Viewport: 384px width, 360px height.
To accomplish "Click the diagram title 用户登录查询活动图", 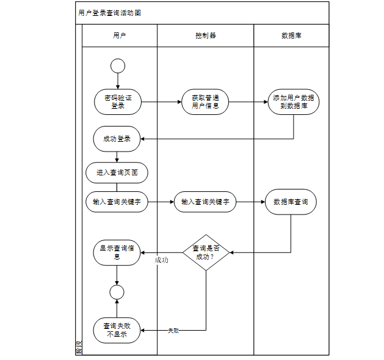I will pyautogui.click(x=109, y=13).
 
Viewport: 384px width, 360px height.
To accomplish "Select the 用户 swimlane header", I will pyautogui.click(x=120, y=35).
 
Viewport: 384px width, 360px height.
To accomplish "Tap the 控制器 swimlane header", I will pyautogui.click(x=205, y=35).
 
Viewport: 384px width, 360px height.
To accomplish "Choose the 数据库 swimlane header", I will pyautogui.click(x=291, y=35).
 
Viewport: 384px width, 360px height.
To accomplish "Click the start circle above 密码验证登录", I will pyautogui.click(x=118, y=65).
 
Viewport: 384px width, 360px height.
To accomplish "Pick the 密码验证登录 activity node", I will pyautogui.click(x=118, y=101).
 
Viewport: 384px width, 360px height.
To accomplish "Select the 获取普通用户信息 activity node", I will pyautogui.click(x=205, y=101).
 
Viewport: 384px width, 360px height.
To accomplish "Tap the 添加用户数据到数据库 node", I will pyautogui.click(x=293, y=101).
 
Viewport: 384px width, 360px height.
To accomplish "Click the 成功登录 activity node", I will pyautogui.click(x=117, y=139).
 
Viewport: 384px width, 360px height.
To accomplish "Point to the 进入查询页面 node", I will pyautogui.click(x=117, y=172).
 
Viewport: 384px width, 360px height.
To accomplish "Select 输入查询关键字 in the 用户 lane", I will pyautogui.click(x=117, y=202).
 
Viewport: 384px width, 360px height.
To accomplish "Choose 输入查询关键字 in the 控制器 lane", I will pyautogui.click(x=205, y=202).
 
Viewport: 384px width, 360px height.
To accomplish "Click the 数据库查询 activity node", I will pyautogui.click(x=291, y=202).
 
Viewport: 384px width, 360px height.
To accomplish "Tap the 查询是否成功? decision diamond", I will pyautogui.click(x=206, y=252).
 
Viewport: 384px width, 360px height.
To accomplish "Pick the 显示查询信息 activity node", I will pyautogui.click(x=117, y=252).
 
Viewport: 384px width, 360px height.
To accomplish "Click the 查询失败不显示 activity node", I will pyautogui.click(x=117, y=331).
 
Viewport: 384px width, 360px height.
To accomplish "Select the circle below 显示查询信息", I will pyautogui.click(x=117, y=292).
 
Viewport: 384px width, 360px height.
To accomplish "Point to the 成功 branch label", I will pyautogui.click(x=161, y=260).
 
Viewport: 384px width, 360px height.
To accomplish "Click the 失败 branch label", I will pyautogui.click(x=173, y=331).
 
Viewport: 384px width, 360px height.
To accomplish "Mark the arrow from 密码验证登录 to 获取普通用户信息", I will pyautogui.click(x=161, y=101).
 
